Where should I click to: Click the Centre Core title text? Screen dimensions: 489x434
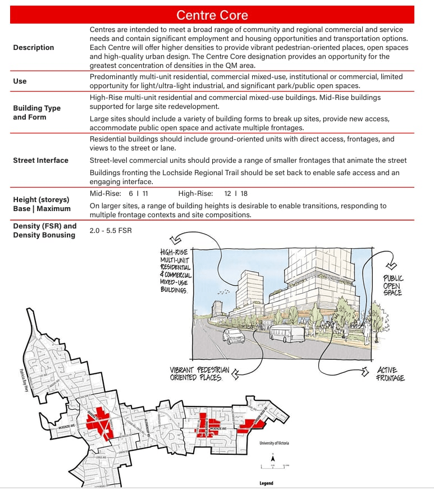click(212, 15)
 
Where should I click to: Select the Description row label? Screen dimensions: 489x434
click(34, 48)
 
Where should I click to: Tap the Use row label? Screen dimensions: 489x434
click(20, 81)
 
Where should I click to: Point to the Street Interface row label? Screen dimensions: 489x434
click(40, 160)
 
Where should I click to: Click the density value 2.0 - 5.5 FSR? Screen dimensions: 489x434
click(111, 230)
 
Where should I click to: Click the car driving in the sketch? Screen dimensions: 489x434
click(234, 336)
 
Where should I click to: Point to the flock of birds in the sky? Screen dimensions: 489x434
click(224, 291)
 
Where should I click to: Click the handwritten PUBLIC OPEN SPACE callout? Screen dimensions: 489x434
click(392, 285)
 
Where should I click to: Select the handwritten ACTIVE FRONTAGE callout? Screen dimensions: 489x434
click(390, 374)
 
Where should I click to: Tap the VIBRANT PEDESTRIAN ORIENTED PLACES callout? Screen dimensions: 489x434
click(199, 374)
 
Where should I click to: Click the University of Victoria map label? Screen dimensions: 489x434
click(275, 444)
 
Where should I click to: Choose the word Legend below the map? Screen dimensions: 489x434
click(266, 483)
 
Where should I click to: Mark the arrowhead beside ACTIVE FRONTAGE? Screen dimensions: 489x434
click(366, 371)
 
